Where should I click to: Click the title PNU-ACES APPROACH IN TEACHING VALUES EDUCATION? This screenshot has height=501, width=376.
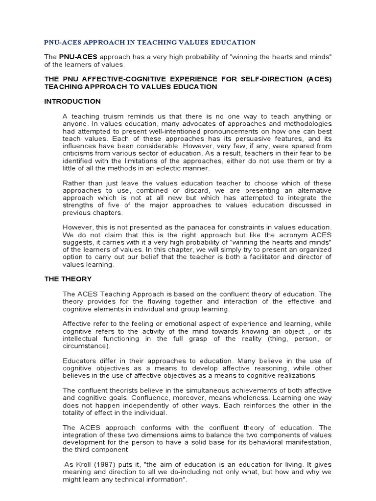150,43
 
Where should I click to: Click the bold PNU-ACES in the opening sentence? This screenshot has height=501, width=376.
78,57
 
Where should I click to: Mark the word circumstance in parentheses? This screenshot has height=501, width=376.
86,346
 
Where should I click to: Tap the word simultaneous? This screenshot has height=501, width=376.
180,390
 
